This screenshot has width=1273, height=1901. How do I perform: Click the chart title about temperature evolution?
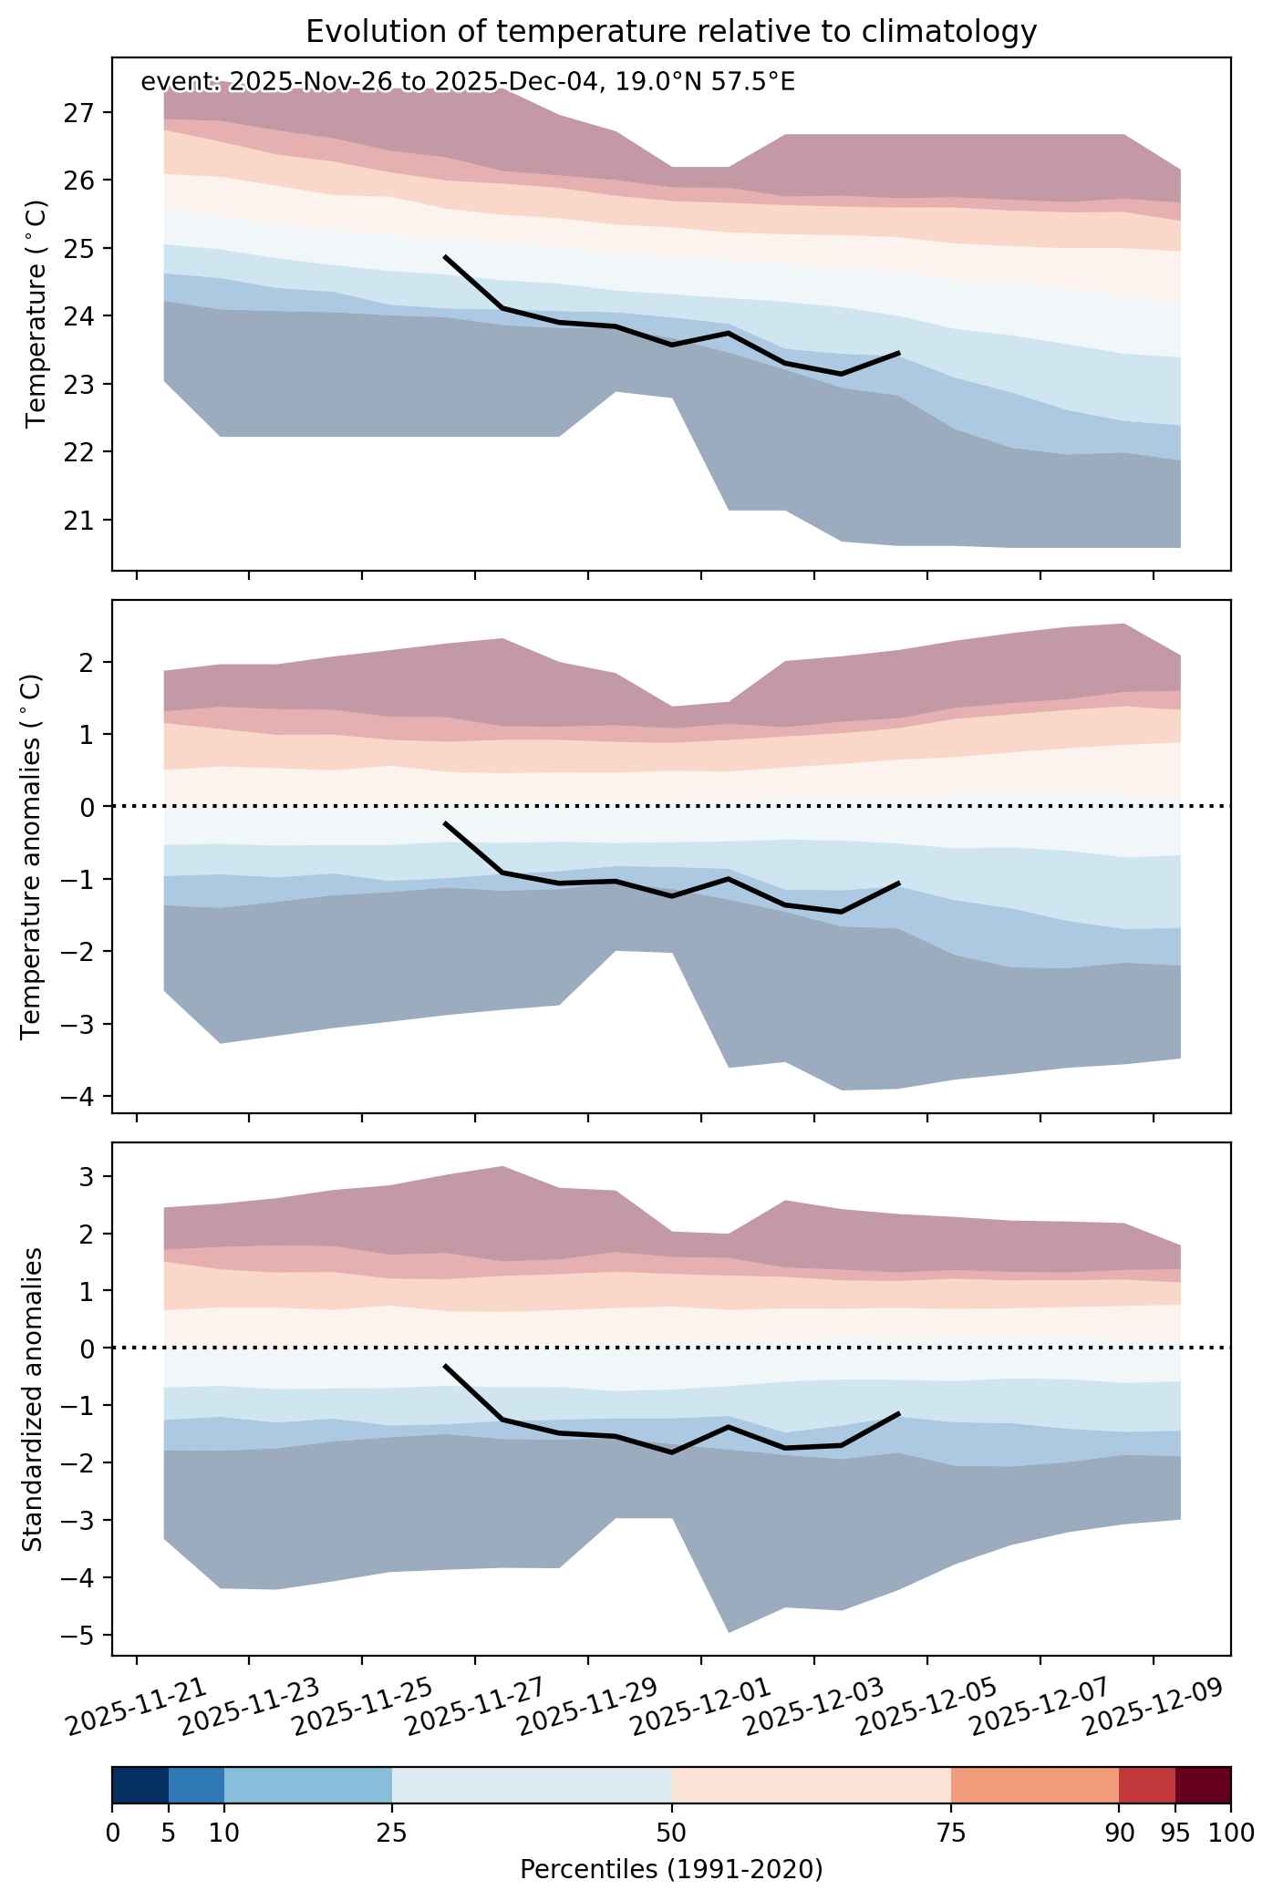click(671, 32)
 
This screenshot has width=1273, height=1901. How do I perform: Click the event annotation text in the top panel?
click(468, 82)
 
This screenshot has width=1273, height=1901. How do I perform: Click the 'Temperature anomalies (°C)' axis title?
click(31, 856)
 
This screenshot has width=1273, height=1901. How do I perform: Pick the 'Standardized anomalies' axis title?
click(31, 1399)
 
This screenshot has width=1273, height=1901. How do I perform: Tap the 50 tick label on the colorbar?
click(671, 1832)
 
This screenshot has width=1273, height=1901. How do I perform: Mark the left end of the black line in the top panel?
click(444, 257)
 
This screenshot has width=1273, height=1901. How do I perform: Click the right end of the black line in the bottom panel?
click(899, 1413)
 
